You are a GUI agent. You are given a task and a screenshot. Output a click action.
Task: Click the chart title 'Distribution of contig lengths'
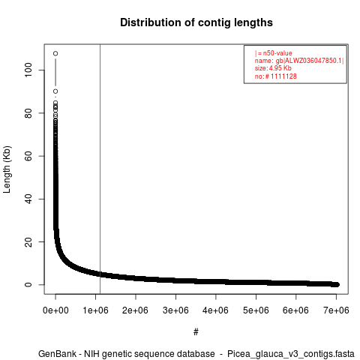[x=196, y=22]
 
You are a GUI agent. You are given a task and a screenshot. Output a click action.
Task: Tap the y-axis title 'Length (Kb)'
[x=7, y=169]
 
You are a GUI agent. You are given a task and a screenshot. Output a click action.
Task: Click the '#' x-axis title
[x=196, y=332]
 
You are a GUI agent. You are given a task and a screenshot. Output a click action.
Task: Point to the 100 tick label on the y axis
[x=28, y=70]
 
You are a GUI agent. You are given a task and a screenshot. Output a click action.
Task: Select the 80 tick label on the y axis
[x=28, y=113]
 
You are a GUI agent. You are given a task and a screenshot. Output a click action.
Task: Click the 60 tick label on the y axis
[x=28, y=156]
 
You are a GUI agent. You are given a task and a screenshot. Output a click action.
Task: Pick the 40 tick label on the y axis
[x=28, y=199]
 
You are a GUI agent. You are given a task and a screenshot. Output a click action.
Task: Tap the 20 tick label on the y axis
[x=28, y=241]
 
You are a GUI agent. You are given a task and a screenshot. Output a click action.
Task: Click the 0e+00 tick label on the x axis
[x=55, y=310]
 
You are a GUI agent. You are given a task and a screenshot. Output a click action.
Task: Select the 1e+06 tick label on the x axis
[x=95, y=310]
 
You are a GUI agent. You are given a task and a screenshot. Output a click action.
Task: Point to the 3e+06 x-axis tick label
[x=175, y=310]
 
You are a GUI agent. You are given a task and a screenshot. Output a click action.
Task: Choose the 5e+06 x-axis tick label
[x=256, y=310]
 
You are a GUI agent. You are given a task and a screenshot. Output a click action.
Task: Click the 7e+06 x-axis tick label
[x=336, y=310]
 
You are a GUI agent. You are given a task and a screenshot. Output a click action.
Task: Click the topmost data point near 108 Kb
[x=55, y=53]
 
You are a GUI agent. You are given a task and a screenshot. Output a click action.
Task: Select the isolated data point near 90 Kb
[x=55, y=91]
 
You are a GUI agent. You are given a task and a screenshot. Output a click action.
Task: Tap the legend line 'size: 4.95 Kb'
[x=273, y=68]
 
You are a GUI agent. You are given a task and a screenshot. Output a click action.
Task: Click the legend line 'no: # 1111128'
[x=276, y=76]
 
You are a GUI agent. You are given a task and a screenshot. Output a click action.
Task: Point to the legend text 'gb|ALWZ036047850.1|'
[x=310, y=61]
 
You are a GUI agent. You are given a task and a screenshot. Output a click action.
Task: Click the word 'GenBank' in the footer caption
[x=57, y=354]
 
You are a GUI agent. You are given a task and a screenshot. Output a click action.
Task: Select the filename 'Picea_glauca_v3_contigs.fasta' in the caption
[x=291, y=354]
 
